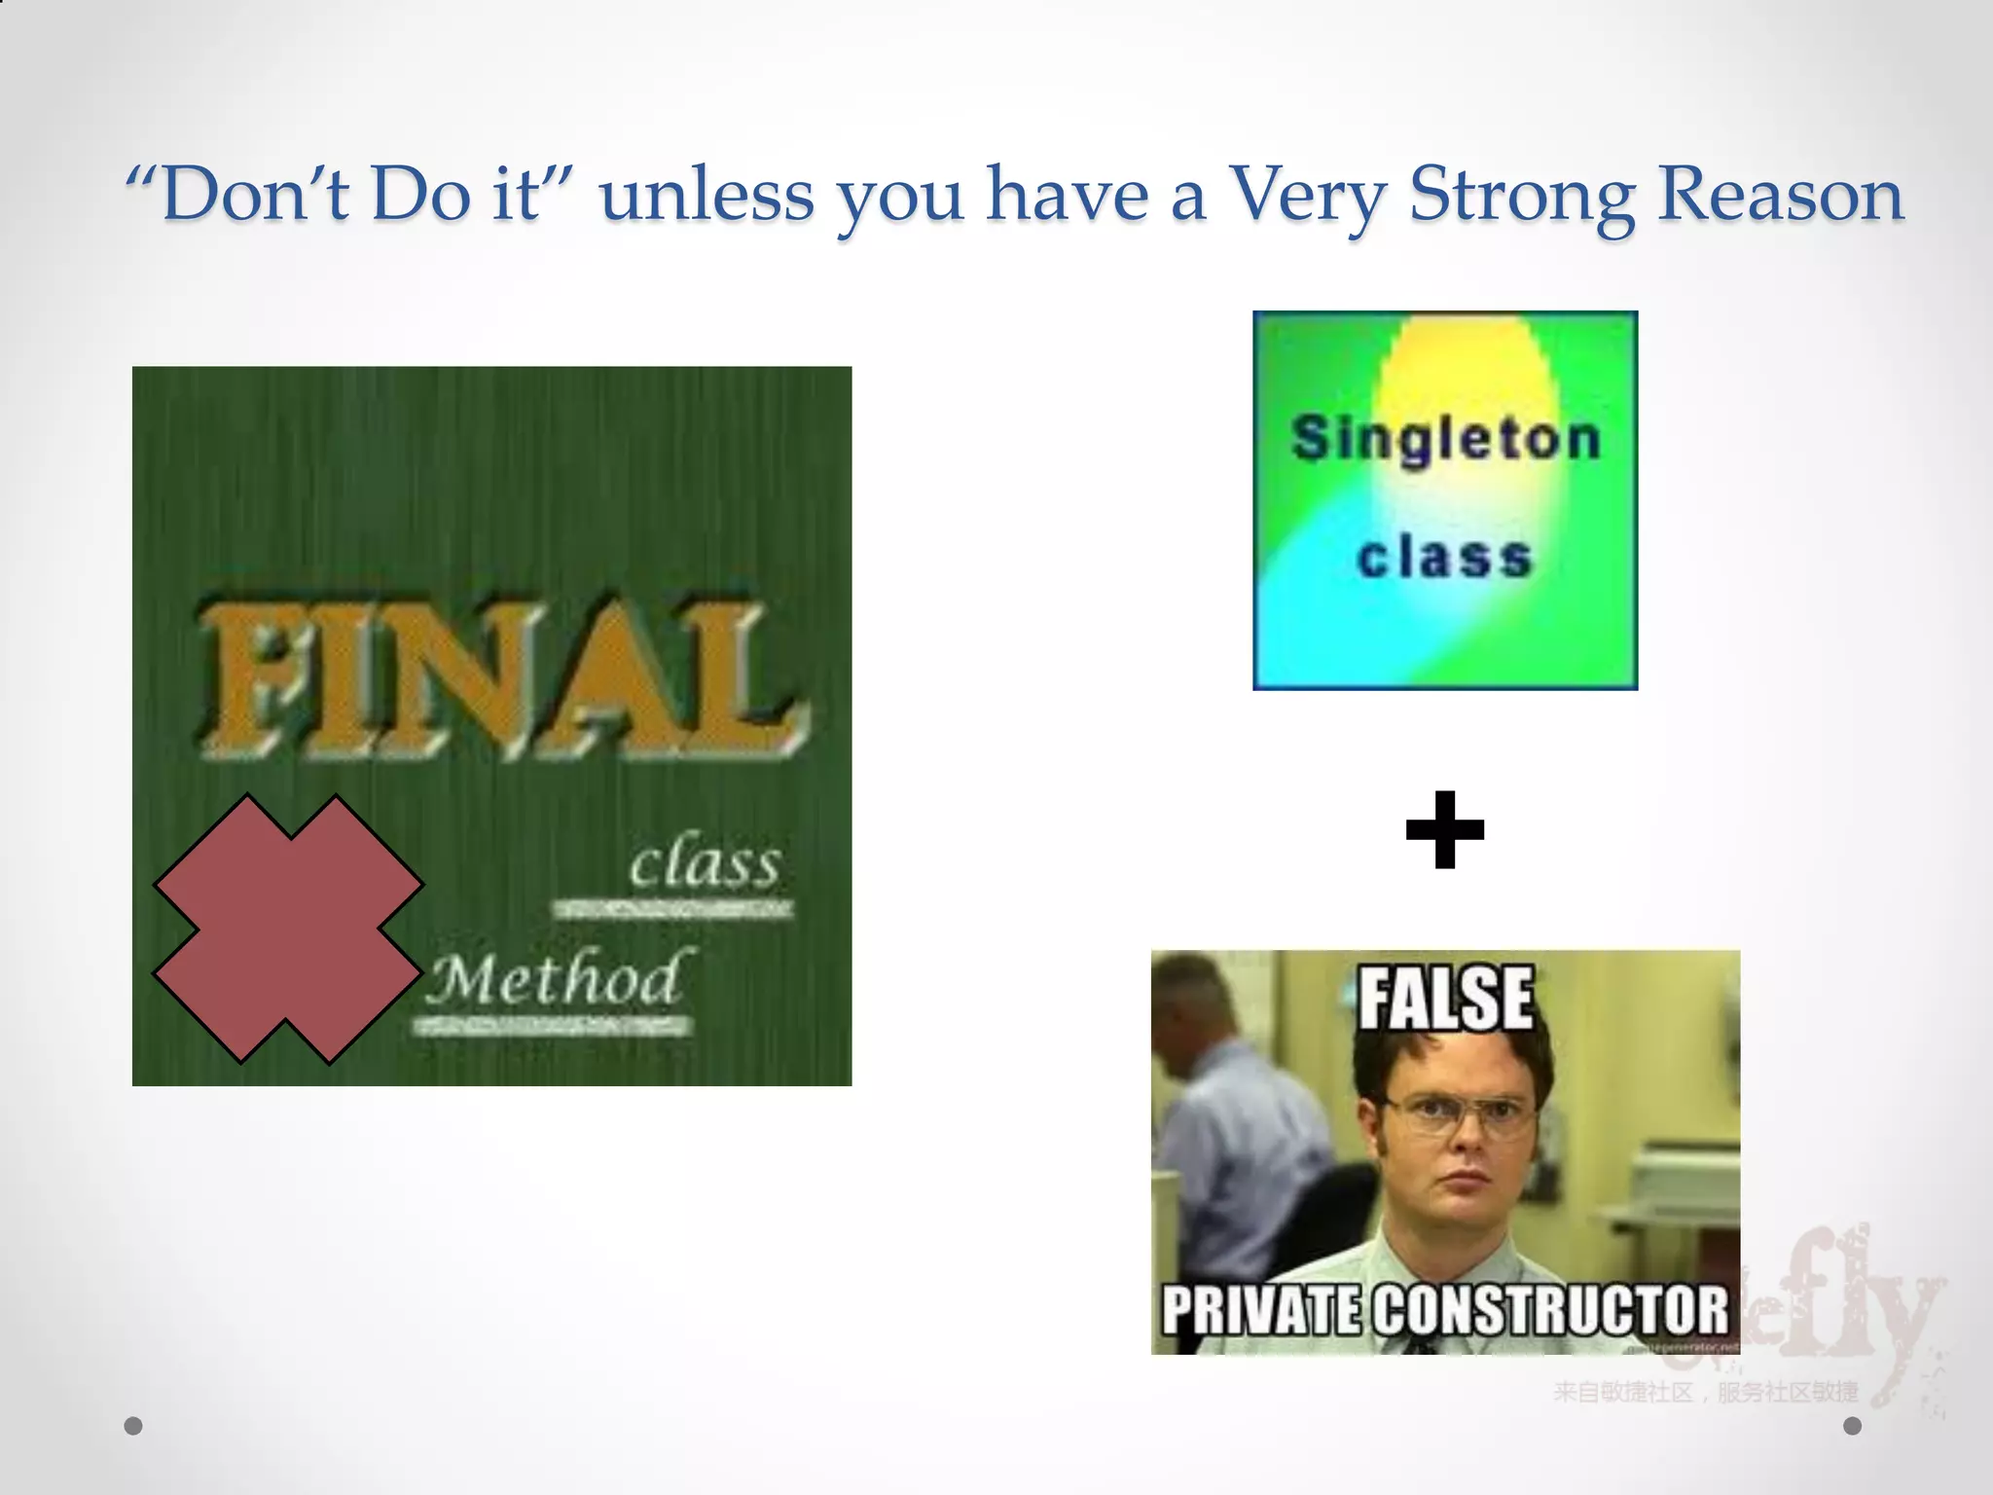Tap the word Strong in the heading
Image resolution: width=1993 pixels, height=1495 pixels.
point(1522,195)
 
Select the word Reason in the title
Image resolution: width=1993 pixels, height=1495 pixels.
point(1780,195)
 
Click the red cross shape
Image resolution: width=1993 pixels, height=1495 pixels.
point(288,929)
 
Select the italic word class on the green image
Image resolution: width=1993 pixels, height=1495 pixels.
point(705,863)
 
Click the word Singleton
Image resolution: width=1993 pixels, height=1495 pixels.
point(1445,439)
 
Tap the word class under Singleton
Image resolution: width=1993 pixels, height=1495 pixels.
point(1445,558)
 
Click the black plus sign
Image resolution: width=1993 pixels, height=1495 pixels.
point(1445,829)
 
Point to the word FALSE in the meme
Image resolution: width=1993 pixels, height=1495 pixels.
point(1445,998)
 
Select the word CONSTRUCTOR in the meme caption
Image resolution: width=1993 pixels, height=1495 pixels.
point(1553,1310)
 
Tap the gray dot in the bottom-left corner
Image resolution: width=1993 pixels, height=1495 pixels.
point(133,1426)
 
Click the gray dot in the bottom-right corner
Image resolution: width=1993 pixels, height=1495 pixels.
point(1853,1426)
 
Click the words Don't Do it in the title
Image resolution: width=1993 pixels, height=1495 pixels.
point(351,195)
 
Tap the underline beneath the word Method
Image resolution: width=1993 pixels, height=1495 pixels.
point(553,1027)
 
